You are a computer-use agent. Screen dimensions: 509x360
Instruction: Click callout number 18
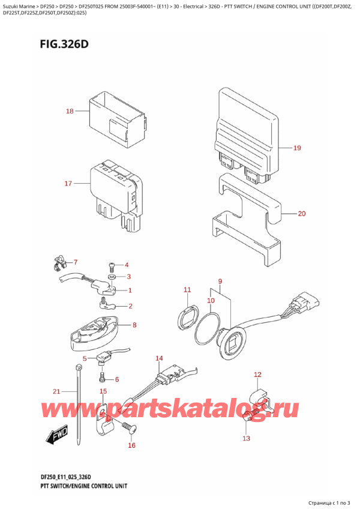(x=70, y=111)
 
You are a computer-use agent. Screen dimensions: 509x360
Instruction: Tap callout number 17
(x=68, y=183)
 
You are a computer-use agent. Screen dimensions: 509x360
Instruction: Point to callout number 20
(x=301, y=213)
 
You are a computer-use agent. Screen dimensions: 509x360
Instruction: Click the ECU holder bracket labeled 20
(x=246, y=219)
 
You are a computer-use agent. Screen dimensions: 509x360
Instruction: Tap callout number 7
(x=76, y=262)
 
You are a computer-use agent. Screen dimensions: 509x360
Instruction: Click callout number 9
(x=220, y=281)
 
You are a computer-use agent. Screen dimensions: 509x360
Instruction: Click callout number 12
(x=257, y=375)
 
